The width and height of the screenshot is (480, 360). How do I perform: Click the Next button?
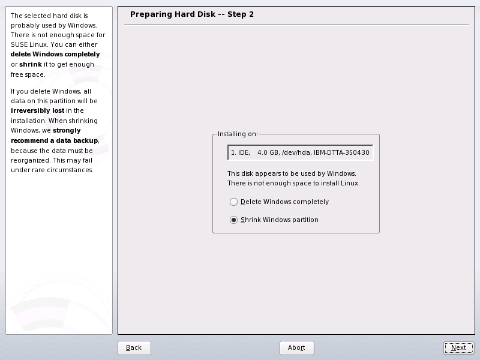(x=458, y=348)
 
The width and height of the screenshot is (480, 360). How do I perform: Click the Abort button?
(x=296, y=348)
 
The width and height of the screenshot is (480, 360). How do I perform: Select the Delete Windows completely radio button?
(x=234, y=202)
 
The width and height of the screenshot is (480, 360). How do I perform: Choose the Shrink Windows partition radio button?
(x=234, y=220)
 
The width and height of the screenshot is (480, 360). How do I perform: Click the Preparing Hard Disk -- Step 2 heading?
(x=192, y=14)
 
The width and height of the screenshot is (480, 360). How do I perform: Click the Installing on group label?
(x=237, y=134)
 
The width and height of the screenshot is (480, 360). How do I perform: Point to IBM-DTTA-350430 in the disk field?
(x=341, y=153)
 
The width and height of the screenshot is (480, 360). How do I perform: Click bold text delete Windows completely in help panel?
(x=55, y=55)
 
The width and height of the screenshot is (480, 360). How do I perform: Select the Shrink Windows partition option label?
(x=280, y=220)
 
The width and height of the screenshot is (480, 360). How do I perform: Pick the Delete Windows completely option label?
(x=285, y=202)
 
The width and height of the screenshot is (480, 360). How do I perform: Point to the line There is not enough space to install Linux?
(x=293, y=183)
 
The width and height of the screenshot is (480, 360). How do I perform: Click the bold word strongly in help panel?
(x=67, y=131)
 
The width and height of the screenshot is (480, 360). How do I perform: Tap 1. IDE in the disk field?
(x=241, y=153)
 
